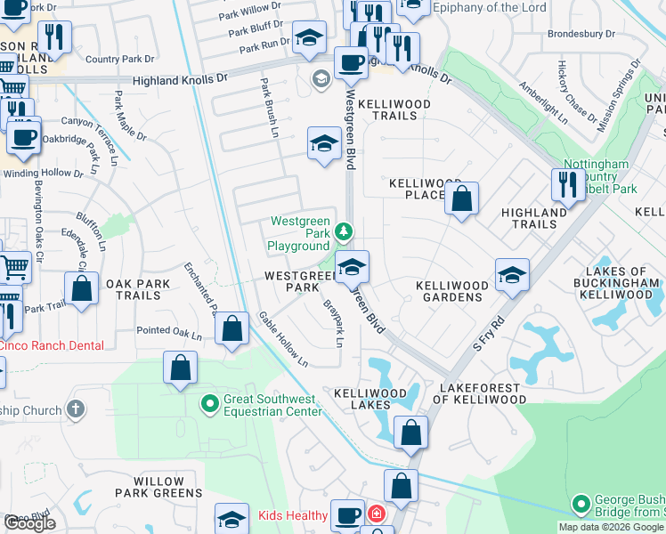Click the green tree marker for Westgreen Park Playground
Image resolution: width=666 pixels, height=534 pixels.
[x=344, y=233]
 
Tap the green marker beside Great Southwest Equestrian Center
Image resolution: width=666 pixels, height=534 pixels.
[x=210, y=405]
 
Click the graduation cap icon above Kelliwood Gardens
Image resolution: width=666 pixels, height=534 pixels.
[x=512, y=276]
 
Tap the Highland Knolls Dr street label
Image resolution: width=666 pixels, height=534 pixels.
[x=181, y=79]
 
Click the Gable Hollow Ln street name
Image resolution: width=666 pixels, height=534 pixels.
[x=283, y=339]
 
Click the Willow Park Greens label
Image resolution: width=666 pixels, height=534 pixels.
[x=158, y=486]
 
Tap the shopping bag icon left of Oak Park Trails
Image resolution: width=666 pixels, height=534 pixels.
[x=82, y=289]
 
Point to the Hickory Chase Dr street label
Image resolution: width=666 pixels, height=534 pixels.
[x=576, y=93]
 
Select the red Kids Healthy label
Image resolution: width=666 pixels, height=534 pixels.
[x=292, y=515]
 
